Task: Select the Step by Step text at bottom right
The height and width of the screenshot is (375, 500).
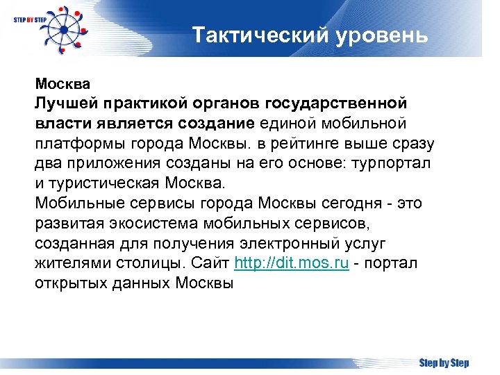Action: coord(444,363)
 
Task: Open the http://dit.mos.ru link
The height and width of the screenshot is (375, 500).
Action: coord(292,265)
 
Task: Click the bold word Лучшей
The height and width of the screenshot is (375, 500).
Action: coord(67,103)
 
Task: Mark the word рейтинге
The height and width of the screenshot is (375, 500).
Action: coord(303,144)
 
